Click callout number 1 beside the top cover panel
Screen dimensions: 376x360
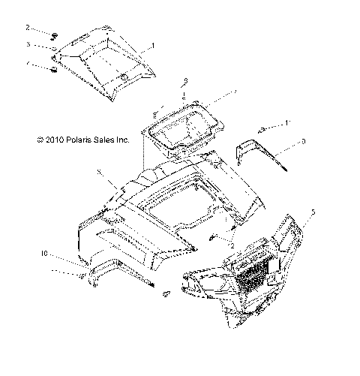tap(153, 47)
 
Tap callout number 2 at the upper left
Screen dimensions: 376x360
tap(28, 28)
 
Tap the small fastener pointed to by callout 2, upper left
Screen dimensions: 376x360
tap(55, 35)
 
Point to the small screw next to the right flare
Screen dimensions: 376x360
tap(262, 129)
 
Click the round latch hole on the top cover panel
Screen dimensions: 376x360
tap(122, 79)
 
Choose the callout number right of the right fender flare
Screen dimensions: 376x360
tap(302, 140)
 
